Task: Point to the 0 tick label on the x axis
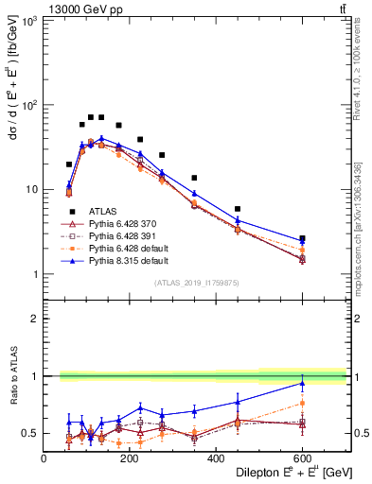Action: point(44,458)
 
